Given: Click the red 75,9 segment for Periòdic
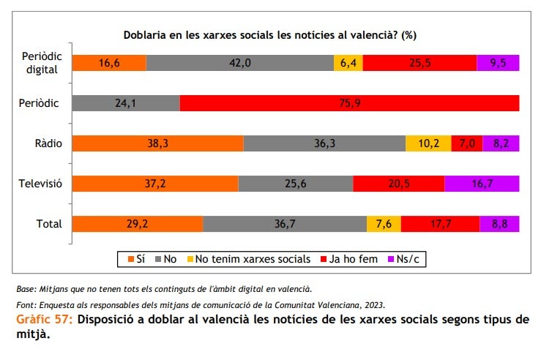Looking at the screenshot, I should pos(349,103).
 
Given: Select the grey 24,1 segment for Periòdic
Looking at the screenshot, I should pos(126,103).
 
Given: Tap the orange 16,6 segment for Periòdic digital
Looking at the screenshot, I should pos(109,63).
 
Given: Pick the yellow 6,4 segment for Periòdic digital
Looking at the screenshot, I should pos(348,63).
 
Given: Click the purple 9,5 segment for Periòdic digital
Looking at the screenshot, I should pos(498,63).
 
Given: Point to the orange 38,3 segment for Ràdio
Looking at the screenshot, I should pos(157,143).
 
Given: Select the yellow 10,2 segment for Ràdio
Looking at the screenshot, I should pos(428,143).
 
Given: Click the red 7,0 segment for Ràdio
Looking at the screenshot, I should pos(466,143).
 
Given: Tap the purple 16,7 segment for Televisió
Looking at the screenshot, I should pos(482,184).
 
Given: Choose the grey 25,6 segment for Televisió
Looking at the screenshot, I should pos(295,184).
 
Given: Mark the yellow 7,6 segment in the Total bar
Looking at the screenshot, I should pos(384,224).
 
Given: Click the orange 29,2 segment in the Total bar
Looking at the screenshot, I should pos(138,224).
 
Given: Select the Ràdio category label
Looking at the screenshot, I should pos(48,143).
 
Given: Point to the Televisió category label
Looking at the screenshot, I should pos(40,184).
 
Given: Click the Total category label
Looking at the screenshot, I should pos(50,224).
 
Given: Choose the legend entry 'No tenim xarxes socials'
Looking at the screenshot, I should pos(250,259).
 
